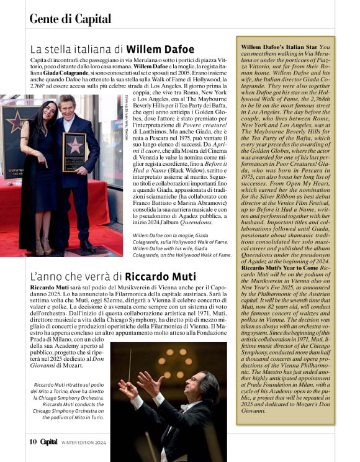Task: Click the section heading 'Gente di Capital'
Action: [70, 19]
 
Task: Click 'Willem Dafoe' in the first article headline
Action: [161, 48]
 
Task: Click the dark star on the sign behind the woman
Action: [15, 122]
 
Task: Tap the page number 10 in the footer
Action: [32, 442]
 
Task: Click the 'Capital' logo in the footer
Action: [50, 442]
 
